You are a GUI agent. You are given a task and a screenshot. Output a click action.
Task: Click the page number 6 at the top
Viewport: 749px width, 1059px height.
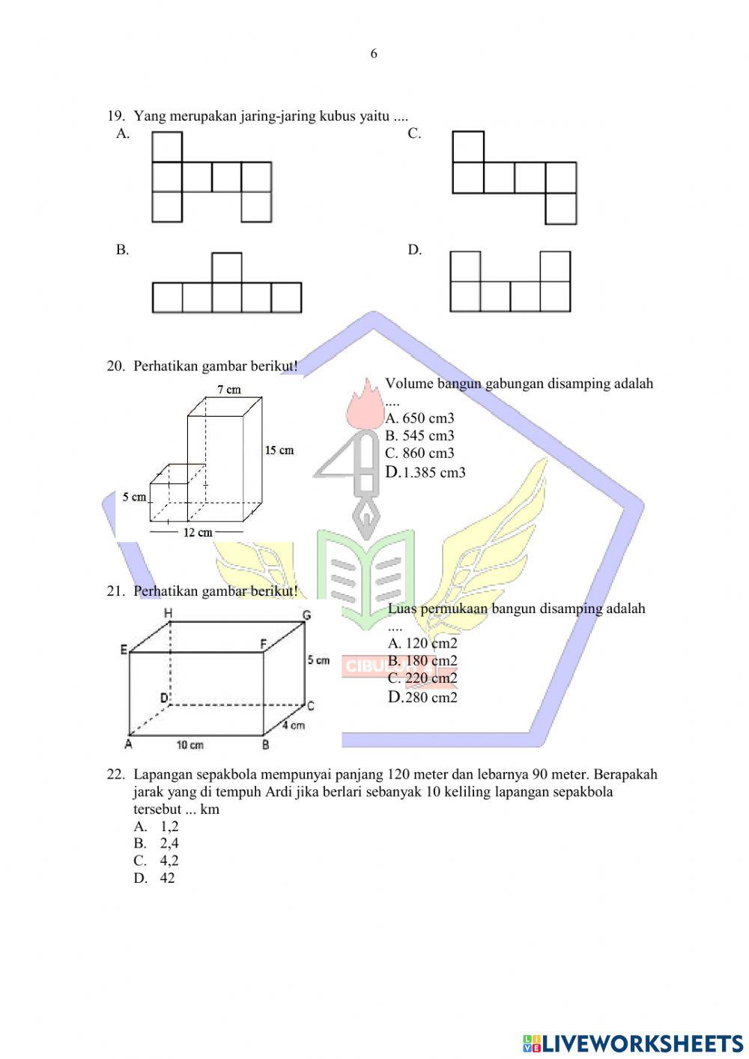tap(374, 54)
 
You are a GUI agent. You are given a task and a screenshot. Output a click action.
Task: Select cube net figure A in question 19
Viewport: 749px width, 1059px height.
tap(211, 178)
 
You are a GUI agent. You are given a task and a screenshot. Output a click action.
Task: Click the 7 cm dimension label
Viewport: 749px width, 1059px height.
tap(229, 390)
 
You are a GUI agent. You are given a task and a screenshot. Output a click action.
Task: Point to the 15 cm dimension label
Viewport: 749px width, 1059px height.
tap(279, 450)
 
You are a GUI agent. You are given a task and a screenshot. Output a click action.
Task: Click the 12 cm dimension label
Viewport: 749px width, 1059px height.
tap(198, 532)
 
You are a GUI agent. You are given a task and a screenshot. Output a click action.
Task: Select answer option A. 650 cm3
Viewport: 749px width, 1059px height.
tap(420, 418)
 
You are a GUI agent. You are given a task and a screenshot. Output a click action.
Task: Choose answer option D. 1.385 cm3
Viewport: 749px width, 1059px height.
tap(425, 472)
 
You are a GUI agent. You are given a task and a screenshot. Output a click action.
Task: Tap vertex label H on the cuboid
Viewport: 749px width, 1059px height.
tap(169, 614)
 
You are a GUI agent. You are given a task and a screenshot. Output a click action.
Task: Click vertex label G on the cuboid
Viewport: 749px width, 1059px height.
tap(306, 615)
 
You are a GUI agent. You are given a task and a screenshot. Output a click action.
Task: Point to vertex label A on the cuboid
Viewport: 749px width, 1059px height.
tap(128, 744)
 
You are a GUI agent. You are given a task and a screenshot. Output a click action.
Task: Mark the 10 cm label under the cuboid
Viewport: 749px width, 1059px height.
tap(190, 745)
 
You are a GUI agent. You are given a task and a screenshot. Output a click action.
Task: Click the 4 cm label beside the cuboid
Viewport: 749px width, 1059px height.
tap(294, 725)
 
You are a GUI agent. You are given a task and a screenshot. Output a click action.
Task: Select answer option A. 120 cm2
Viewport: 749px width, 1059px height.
tap(422, 643)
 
